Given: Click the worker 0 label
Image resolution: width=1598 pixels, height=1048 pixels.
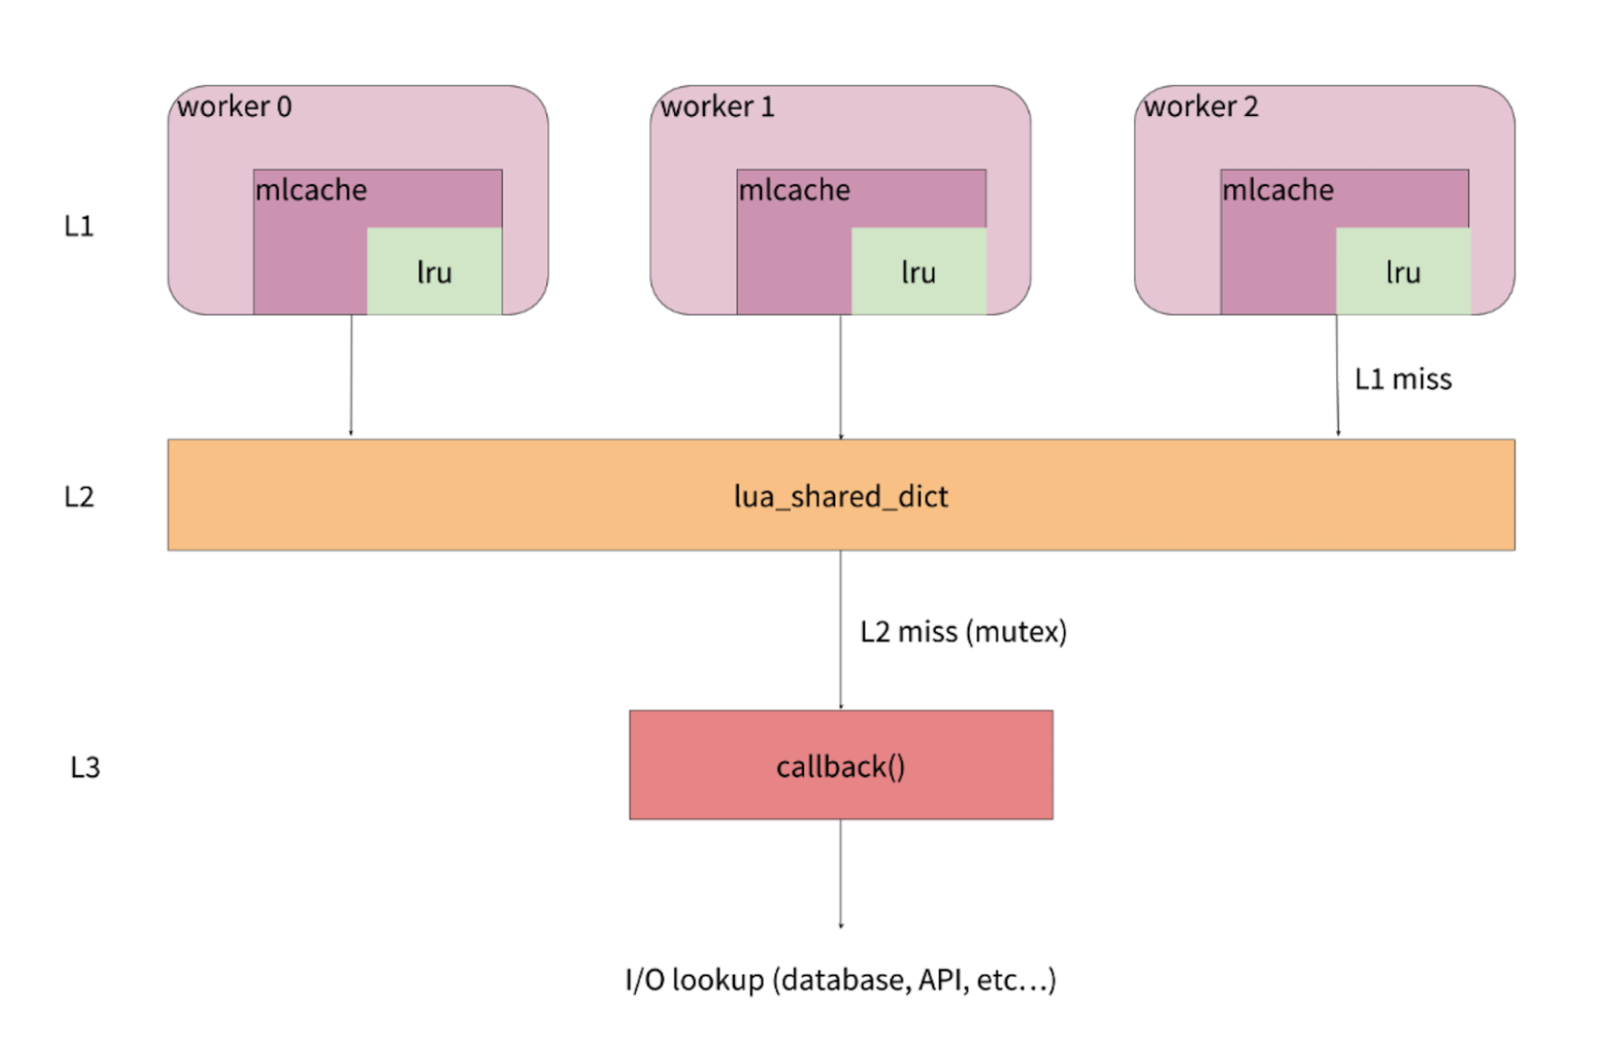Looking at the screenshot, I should tap(234, 107).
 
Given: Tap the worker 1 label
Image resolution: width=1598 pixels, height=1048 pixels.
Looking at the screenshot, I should tap(717, 107).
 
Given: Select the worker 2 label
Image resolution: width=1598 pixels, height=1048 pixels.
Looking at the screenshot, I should tap(1201, 107).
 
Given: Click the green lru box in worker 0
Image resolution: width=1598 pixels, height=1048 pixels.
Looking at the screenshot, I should tap(434, 271).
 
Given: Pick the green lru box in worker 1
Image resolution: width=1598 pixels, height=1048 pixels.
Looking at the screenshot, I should tap(918, 271).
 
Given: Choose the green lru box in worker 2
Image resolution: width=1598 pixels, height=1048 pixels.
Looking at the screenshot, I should tap(1403, 271).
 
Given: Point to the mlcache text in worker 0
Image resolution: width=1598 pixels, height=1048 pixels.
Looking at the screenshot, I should tap(310, 190).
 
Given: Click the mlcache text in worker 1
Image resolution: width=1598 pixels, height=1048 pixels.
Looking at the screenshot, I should tap(794, 190).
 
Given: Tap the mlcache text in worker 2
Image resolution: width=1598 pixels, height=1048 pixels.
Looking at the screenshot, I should tap(1277, 190).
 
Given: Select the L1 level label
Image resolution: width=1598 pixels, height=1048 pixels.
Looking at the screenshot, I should tap(79, 226).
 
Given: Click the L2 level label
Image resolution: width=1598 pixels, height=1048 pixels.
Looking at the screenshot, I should tap(79, 496).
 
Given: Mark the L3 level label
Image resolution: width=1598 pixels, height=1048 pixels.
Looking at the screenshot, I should tap(84, 768).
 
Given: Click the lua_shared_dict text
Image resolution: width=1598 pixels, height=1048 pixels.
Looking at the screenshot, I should tap(841, 496).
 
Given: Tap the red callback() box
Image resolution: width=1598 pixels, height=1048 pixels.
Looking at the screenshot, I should tap(841, 766).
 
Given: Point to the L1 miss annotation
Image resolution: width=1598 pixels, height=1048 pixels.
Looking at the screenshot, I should tap(1403, 379).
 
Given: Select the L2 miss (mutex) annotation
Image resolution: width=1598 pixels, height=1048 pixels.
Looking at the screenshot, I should tap(963, 632).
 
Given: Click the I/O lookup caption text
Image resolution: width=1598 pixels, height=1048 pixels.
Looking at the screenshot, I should tap(841, 980).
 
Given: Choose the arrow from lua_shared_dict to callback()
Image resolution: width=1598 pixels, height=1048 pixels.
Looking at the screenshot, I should tap(841, 630).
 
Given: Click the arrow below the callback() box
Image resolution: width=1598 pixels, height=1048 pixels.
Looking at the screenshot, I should tap(841, 873).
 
